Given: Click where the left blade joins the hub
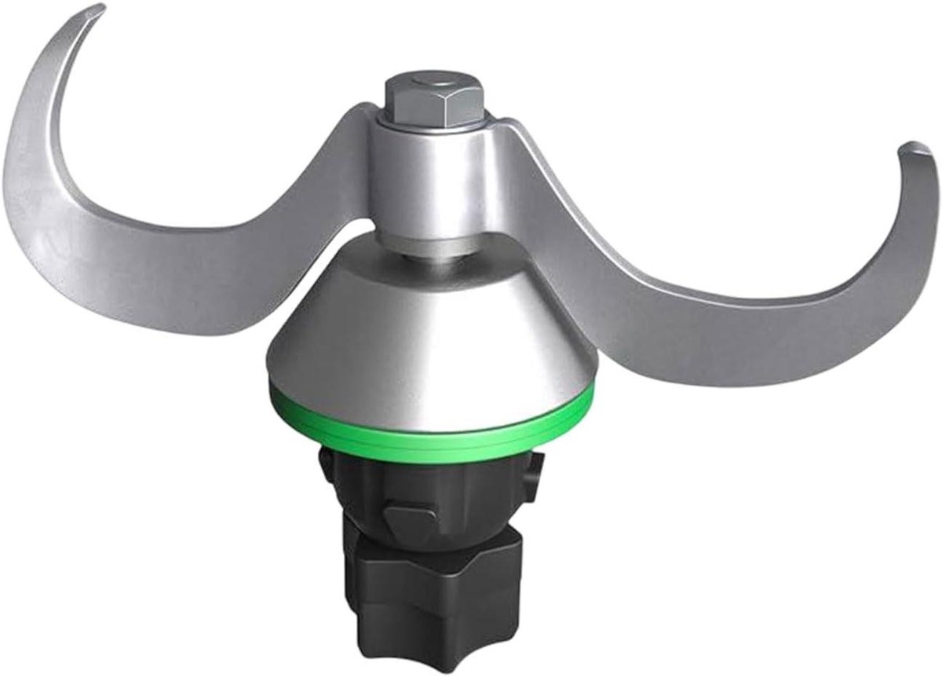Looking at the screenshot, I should (x=357, y=157).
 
